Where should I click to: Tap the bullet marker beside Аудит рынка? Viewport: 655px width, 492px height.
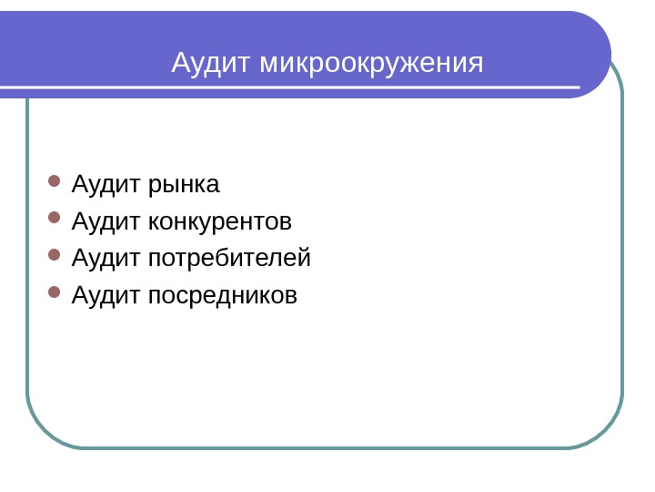point(54,180)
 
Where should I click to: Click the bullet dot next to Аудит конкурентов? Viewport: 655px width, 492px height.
point(54,218)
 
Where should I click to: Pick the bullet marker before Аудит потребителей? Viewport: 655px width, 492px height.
point(54,255)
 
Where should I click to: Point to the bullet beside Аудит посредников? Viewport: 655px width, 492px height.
point(54,292)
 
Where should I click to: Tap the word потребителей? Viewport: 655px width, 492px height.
point(229,259)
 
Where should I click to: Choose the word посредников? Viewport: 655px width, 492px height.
point(223,295)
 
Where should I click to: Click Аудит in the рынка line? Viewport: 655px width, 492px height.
point(106,185)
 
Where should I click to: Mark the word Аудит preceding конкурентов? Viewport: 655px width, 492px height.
point(106,221)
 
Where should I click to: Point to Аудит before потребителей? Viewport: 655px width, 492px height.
point(106,259)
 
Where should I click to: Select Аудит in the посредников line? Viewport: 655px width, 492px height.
point(106,295)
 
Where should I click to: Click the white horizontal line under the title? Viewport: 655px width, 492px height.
point(291,88)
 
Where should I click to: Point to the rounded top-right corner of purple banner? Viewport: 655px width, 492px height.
point(596,27)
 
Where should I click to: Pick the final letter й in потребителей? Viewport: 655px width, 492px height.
point(305,259)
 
